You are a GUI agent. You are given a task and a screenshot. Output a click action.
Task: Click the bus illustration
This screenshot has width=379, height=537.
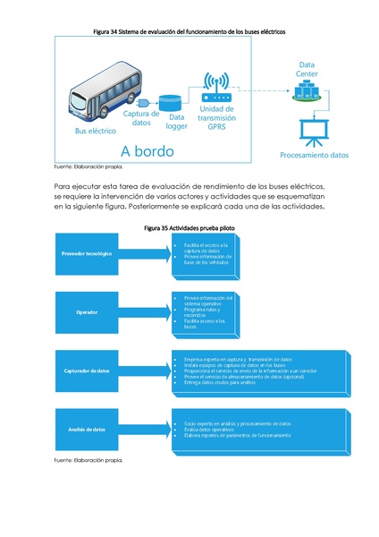pos(104,94)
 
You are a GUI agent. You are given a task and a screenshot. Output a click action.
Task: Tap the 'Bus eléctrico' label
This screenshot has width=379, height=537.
pos(96,131)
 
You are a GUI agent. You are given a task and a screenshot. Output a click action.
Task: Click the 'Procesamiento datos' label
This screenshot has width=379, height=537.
pos(314,155)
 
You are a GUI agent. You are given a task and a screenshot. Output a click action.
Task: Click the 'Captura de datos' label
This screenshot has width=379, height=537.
pos(141,118)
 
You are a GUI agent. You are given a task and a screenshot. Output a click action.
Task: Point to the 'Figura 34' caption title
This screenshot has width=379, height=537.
pos(189,31)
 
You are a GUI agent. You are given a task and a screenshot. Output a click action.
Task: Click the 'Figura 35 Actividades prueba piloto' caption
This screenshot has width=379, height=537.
pos(189,229)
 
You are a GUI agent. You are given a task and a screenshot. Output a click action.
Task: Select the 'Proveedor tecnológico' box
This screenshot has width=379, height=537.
pos(87,254)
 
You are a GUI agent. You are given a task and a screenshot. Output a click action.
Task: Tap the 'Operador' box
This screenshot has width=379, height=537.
pos(87,312)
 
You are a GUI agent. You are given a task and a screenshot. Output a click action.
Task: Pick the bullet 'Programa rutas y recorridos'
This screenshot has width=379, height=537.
pos(204,311)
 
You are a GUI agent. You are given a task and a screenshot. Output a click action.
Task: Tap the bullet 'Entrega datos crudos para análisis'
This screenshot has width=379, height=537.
pos(224,383)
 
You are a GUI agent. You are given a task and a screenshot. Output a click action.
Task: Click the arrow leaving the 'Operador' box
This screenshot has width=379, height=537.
pos(151,312)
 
